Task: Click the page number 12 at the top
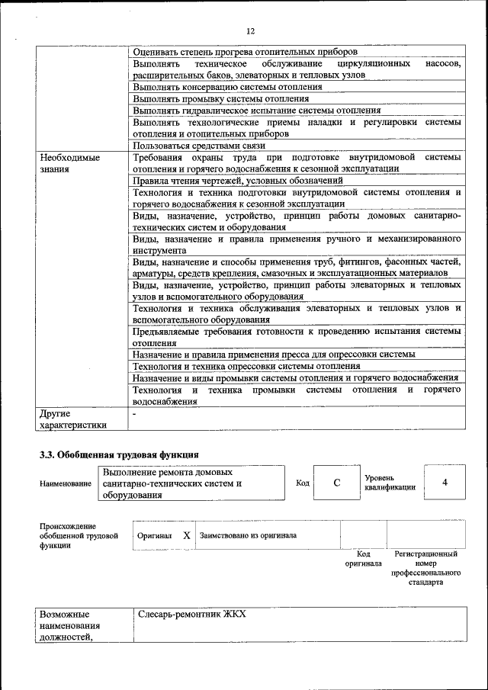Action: click(x=250, y=31)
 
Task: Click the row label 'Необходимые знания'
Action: click(x=69, y=163)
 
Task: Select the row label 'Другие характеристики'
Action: click(x=73, y=419)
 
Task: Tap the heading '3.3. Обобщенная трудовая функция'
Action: click(x=119, y=455)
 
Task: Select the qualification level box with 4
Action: click(x=444, y=483)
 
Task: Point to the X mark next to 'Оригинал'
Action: click(x=187, y=535)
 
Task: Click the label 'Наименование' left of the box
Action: click(x=66, y=484)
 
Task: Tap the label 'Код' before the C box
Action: click(x=303, y=483)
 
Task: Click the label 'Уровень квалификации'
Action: click(x=390, y=482)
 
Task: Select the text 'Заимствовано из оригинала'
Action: click(x=248, y=535)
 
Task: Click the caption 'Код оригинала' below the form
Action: click(x=363, y=559)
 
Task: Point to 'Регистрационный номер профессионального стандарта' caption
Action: click(x=425, y=566)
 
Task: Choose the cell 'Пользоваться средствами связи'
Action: click(x=197, y=145)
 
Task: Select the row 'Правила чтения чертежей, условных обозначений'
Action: click(x=237, y=181)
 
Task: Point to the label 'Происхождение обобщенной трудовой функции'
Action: click(x=79, y=536)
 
